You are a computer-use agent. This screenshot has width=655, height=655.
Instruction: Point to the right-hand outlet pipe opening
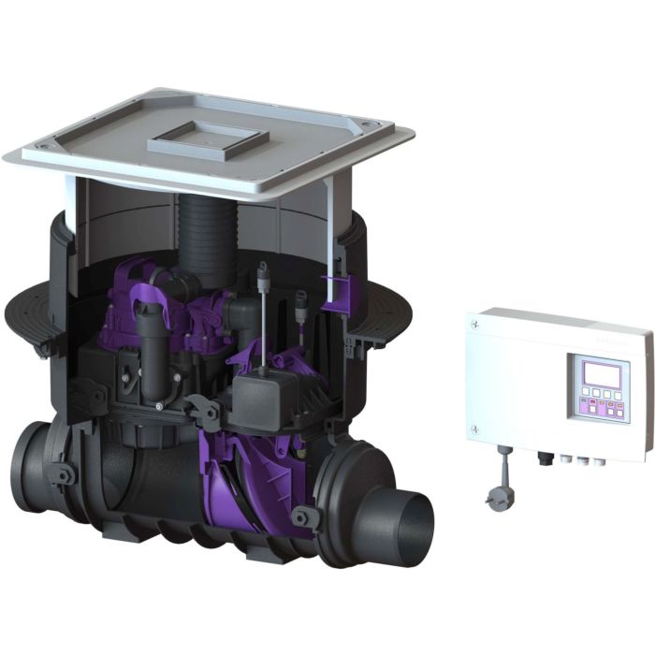point(413,530)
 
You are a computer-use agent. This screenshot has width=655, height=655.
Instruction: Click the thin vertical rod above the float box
point(263,318)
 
